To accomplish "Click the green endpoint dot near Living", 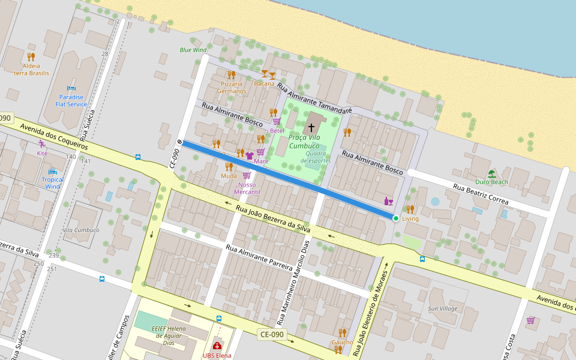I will tap(395, 218).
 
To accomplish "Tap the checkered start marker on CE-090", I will tap(179, 142).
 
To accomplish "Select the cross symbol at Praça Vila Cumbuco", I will tap(311, 127).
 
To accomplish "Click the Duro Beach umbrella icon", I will tap(491, 173).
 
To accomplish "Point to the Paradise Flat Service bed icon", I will tap(71, 88).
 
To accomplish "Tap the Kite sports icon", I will tap(42, 144).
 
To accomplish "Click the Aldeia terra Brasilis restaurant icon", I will tap(31, 57).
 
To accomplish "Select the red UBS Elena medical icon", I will tap(217, 346).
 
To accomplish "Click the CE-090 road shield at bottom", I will tap(272, 334).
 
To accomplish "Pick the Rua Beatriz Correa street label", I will tap(481, 194).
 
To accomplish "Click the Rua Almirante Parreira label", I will tap(262, 257).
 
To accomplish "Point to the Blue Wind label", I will tap(193, 50).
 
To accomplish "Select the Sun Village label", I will tap(442, 308).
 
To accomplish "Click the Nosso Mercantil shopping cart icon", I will tap(247, 175).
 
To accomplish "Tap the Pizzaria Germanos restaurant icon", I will tap(231, 74).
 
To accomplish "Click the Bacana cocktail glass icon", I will tap(268, 74).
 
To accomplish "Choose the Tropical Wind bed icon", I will tap(53, 172).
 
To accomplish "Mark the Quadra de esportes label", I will tap(315, 157).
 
